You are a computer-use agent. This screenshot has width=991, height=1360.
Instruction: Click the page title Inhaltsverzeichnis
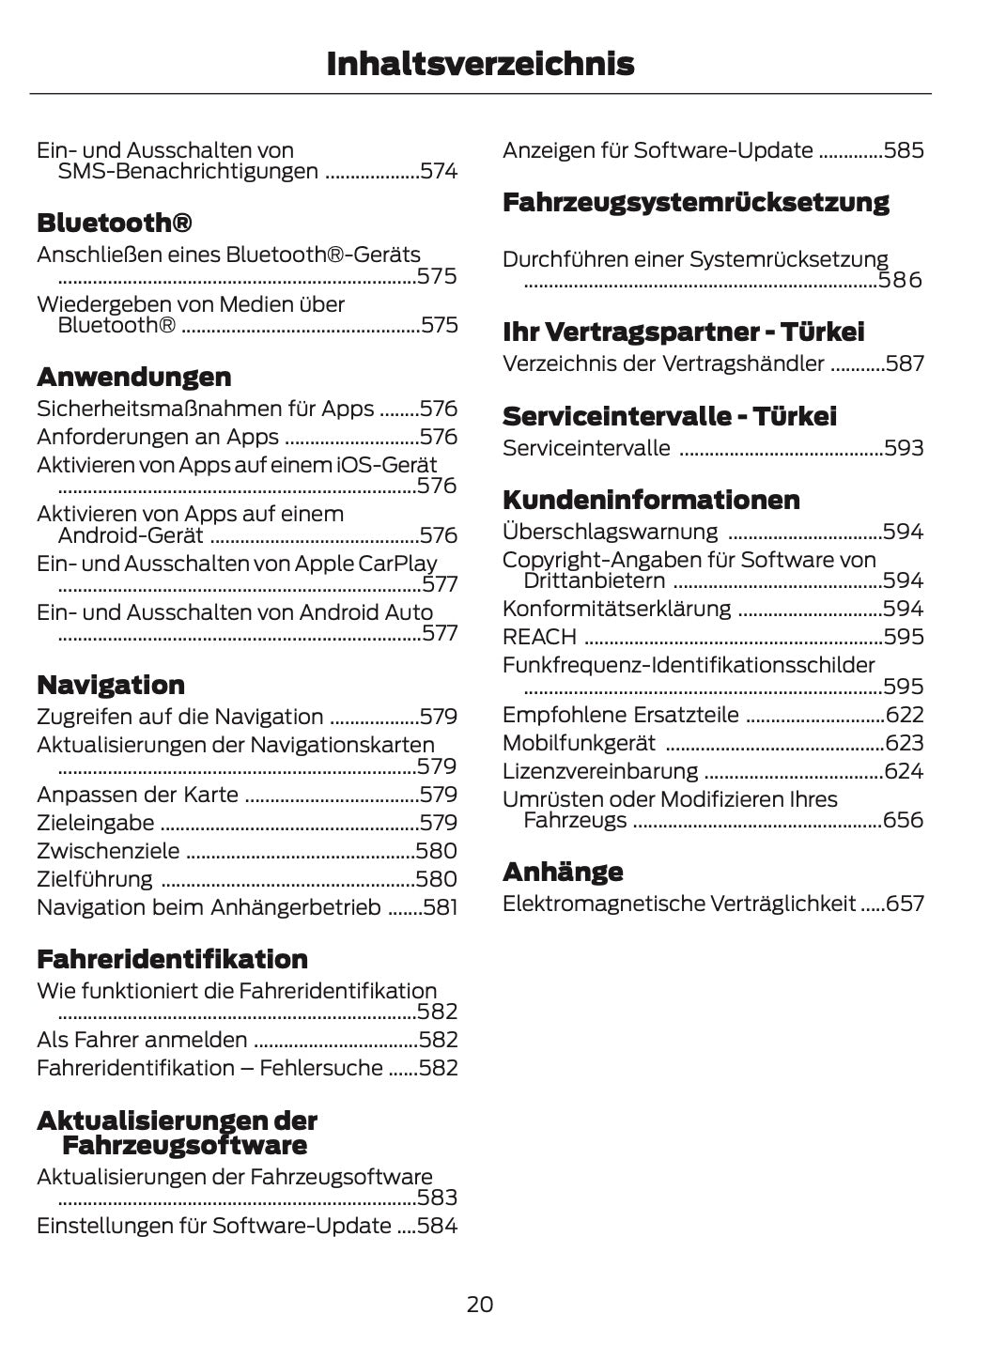(x=480, y=64)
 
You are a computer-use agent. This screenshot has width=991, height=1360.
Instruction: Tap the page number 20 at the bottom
(x=479, y=1304)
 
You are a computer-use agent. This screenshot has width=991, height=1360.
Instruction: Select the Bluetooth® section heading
(x=115, y=224)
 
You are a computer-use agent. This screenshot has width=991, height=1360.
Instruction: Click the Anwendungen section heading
(x=133, y=377)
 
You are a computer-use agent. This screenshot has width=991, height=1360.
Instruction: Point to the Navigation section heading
(x=111, y=685)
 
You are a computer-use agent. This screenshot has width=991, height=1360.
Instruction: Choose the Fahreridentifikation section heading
(x=172, y=959)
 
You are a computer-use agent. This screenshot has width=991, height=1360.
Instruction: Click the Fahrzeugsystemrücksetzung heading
(x=695, y=202)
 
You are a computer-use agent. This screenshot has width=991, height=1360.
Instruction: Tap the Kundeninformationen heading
(x=651, y=500)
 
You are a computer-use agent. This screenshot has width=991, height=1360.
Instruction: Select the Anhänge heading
(x=563, y=872)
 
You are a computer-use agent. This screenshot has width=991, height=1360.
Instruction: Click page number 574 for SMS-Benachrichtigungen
(x=439, y=172)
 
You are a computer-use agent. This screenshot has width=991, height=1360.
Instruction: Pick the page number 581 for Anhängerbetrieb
(x=440, y=907)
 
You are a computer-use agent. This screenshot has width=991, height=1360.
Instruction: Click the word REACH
(x=539, y=637)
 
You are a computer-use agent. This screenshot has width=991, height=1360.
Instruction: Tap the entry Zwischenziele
(x=108, y=851)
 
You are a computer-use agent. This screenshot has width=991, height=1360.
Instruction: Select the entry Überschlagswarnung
(x=610, y=532)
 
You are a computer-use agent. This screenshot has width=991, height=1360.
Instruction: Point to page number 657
(x=906, y=904)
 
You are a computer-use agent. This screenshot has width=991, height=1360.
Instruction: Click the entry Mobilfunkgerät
(x=579, y=743)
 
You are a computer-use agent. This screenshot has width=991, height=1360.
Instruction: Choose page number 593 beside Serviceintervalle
(x=904, y=448)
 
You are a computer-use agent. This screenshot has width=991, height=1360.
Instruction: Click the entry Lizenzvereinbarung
(x=600, y=771)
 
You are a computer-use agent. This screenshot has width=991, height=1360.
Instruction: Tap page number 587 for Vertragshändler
(x=905, y=363)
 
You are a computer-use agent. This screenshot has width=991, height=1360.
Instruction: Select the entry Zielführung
(x=95, y=879)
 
